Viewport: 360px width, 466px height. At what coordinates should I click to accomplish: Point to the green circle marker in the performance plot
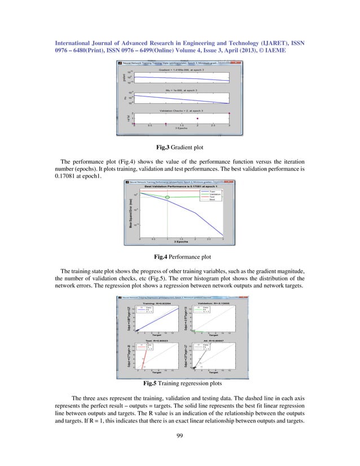pos(167,197)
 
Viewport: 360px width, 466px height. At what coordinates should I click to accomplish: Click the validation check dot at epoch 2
pos(197,118)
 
